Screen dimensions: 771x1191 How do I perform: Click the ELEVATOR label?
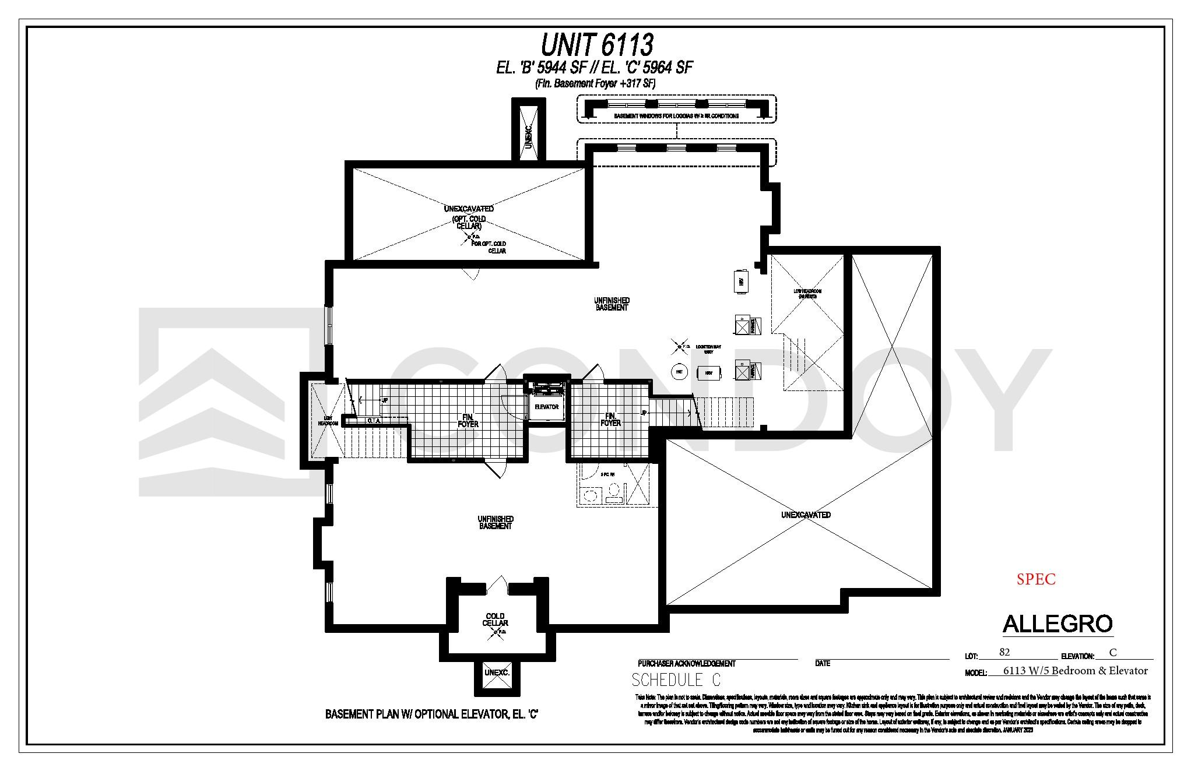click(x=546, y=407)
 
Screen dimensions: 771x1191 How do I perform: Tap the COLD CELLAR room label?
click(x=495, y=619)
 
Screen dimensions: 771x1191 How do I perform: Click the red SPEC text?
click(x=1036, y=579)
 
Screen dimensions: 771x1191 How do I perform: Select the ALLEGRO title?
click(x=1058, y=624)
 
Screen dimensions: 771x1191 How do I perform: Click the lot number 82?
click(x=1004, y=652)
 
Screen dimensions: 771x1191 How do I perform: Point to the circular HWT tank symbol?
click(x=679, y=372)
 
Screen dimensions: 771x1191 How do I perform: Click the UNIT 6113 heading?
click(x=597, y=44)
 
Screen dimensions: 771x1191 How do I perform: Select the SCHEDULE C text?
click(x=676, y=680)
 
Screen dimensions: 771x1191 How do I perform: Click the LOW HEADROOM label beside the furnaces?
click(x=807, y=294)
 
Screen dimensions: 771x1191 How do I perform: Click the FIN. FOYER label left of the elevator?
click(x=468, y=420)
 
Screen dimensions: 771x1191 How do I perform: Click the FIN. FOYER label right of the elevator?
click(x=610, y=420)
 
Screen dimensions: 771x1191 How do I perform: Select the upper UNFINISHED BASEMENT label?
click(x=612, y=304)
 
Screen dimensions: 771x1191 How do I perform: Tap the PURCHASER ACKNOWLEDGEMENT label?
click(x=686, y=663)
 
